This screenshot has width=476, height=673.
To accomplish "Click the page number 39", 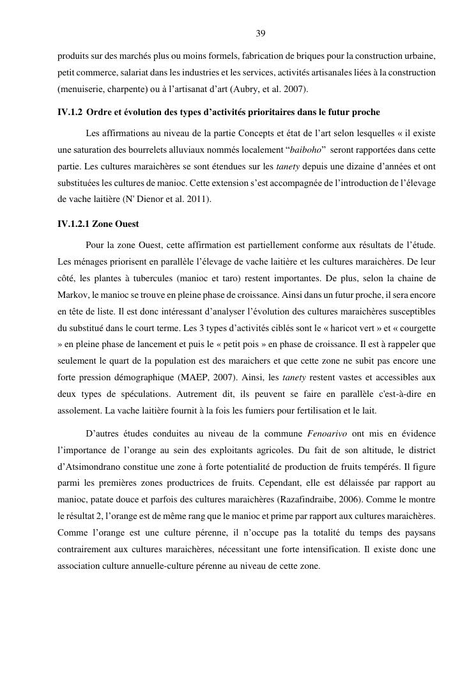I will click(x=260, y=33).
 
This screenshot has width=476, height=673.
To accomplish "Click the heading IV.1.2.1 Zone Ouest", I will click(x=98, y=224).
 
